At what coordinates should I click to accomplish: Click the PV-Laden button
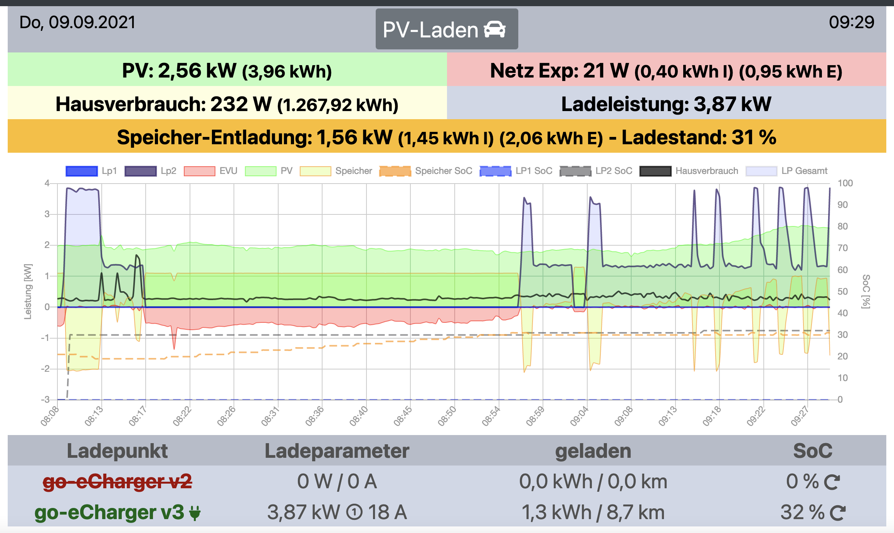pos(446,29)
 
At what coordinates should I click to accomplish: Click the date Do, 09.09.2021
pos(77,22)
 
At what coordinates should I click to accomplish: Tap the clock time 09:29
pos(851,22)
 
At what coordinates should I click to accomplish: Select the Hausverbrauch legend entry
pos(689,171)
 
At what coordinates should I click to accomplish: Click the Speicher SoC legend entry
pos(426,171)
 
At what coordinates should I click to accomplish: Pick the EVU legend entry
pos(210,171)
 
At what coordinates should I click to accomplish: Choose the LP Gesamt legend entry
pos(786,171)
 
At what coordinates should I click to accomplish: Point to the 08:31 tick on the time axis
pos(270,416)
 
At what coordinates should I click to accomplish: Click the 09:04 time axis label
pos(579,416)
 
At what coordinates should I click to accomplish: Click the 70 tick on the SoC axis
pos(842,248)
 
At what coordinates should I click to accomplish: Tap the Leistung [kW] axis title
pos(28,292)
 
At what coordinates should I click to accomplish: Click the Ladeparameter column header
pos(337,451)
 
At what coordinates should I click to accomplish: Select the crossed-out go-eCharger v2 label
pos(117,481)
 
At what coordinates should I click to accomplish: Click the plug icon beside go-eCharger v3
pos(195,513)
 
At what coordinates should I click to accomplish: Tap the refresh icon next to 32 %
pos(837,513)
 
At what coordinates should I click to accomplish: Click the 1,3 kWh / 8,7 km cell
pos(593,513)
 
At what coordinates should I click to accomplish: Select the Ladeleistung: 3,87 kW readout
pos(666,104)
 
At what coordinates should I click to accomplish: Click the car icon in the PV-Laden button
pos(494,29)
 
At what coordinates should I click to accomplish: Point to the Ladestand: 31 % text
pos(699,137)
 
